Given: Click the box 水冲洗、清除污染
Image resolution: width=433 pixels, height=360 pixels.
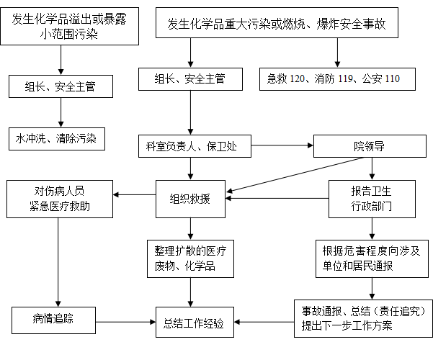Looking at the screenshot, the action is click(x=57, y=139).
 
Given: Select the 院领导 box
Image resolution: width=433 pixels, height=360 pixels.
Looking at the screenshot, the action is click(x=370, y=146).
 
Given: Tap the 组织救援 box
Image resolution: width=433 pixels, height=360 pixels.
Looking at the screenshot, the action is click(x=190, y=199).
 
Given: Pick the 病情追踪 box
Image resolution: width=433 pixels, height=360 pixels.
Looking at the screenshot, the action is click(x=53, y=320).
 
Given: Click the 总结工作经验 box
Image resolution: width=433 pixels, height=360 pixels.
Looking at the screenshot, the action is click(x=195, y=322).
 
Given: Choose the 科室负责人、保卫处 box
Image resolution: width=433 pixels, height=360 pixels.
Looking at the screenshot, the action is click(x=195, y=146).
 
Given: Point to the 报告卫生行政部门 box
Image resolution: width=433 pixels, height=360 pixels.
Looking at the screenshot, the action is click(x=372, y=199).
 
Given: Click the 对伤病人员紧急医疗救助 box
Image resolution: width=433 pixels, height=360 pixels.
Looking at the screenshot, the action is click(x=60, y=199).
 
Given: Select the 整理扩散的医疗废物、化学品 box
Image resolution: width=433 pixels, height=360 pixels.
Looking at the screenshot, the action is click(x=190, y=258).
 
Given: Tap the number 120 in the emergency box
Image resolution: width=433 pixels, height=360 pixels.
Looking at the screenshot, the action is click(x=297, y=78).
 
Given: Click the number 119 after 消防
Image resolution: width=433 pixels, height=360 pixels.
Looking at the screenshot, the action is click(x=345, y=78).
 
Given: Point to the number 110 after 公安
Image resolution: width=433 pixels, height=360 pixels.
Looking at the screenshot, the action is click(x=392, y=78).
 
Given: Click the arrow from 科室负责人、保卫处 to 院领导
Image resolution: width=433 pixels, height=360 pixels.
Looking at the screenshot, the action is click(x=282, y=145).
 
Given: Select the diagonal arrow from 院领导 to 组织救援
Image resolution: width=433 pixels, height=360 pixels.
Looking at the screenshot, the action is click(x=295, y=175).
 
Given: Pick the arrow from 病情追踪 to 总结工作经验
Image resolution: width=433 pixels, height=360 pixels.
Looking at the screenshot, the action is click(x=125, y=322).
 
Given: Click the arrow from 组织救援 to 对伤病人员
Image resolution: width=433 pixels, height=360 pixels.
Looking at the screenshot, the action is click(x=135, y=194).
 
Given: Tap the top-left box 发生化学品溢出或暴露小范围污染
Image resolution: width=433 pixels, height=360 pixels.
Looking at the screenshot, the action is click(x=70, y=26).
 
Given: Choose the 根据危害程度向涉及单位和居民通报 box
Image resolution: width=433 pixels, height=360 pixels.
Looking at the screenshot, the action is click(x=372, y=258).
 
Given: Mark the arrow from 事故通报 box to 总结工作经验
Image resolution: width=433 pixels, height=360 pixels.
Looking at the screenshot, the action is click(x=264, y=322).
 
